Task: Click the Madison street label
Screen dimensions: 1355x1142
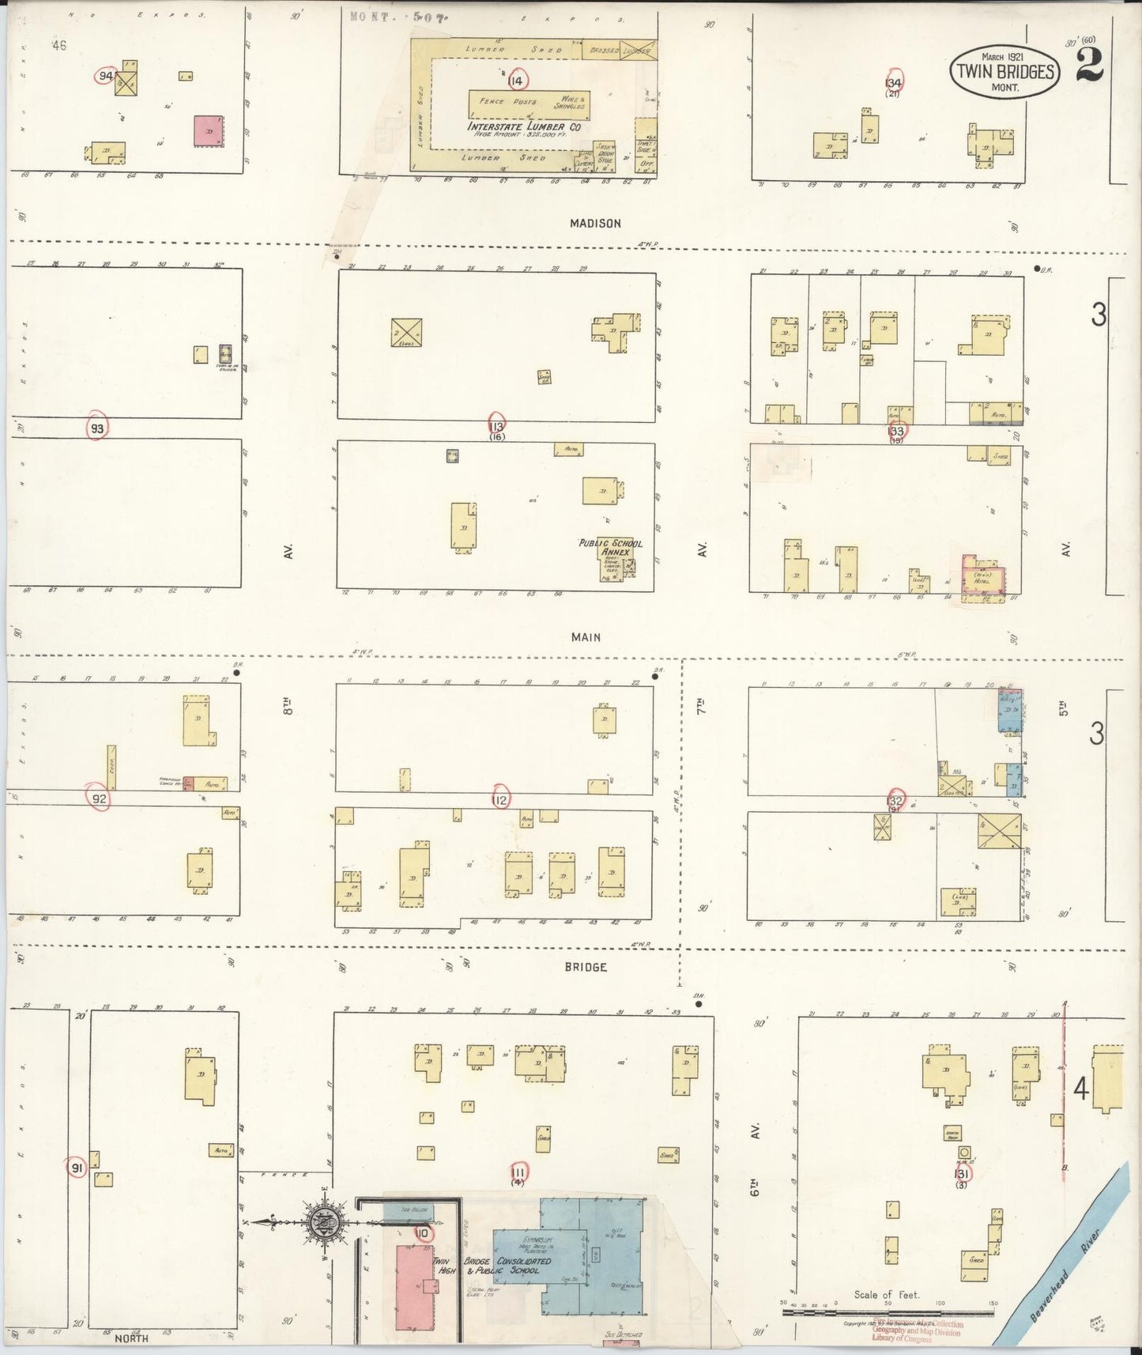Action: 595,224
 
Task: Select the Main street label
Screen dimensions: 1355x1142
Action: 586,637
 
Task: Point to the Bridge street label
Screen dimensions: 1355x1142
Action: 586,967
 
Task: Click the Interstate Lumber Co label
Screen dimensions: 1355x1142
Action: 525,126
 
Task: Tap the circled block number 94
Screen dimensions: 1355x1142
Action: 105,76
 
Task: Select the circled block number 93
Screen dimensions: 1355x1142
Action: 96,428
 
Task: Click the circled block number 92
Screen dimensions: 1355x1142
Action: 99,799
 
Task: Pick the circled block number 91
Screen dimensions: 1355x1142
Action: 77,1168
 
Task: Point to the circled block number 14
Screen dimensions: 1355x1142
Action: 516,81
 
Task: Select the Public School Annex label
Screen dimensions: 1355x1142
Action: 611,547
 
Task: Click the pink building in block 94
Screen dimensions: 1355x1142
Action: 208,131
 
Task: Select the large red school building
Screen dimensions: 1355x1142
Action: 413,1287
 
